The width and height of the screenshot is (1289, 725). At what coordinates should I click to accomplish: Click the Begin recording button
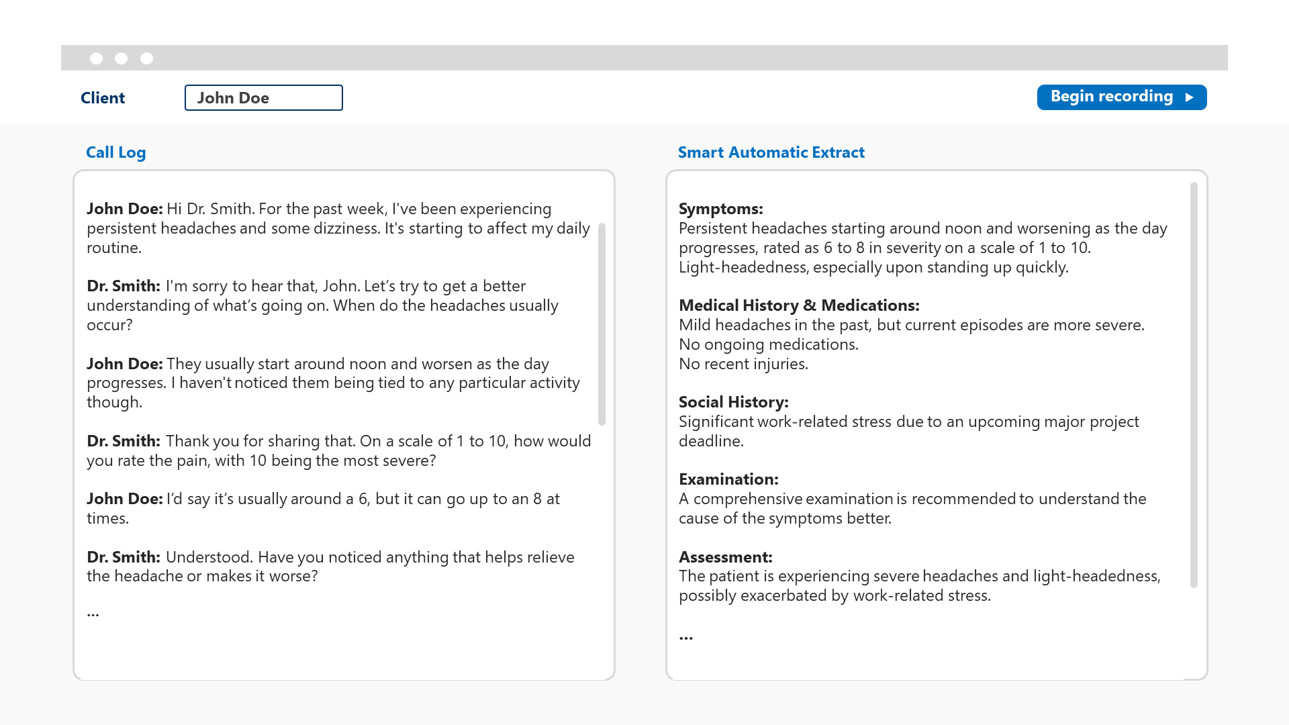coord(1121,97)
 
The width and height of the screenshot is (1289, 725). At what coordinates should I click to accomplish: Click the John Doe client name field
coord(263,98)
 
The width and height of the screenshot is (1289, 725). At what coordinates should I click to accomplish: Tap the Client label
coord(103,98)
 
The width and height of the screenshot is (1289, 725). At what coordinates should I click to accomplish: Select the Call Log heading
coord(115,152)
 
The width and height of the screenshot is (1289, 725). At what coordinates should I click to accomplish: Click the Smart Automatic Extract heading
coord(771,152)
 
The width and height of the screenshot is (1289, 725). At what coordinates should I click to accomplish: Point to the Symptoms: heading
coord(720,209)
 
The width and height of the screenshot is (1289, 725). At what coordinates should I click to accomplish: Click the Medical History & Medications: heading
coord(799,305)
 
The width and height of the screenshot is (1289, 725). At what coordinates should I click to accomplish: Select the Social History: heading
coord(733,402)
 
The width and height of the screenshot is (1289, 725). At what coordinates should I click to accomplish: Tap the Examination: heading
coord(728,479)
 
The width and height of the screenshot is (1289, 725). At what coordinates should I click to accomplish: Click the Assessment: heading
coord(725,557)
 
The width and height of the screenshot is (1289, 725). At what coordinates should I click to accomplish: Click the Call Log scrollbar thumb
coord(602,324)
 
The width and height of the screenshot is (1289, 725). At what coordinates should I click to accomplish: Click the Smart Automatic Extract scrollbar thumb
coord(1194,385)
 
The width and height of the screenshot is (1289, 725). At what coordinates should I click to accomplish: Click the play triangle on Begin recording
coord(1190,97)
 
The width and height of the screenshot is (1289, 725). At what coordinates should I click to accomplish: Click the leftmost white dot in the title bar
coord(97,58)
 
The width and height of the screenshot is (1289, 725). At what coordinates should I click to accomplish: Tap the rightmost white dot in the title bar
coord(147,58)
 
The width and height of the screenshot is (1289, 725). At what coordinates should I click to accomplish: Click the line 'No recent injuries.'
coord(743,364)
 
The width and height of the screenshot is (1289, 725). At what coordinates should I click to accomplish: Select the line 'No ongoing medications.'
coord(768,344)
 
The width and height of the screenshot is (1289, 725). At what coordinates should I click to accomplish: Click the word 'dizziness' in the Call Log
coord(345,228)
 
